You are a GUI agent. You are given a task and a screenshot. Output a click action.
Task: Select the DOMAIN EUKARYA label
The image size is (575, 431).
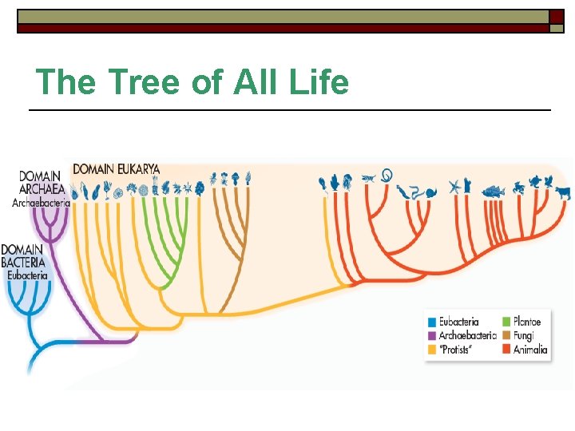pyautogui.click(x=116, y=169)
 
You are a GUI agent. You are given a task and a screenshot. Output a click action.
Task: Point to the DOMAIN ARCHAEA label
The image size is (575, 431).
pyautogui.click(x=42, y=182)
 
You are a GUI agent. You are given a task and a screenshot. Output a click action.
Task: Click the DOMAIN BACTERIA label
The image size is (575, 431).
pyautogui.click(x=23, y=255)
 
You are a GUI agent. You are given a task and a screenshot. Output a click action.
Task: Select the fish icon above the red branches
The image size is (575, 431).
pyautogui.click(x=494, y=191)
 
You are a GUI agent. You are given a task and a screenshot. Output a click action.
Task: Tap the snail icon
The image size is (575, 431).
pyautogui.click(x=430, y=192)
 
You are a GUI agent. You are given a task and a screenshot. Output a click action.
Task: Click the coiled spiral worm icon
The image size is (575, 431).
pyautogui.click(x=387, y=174)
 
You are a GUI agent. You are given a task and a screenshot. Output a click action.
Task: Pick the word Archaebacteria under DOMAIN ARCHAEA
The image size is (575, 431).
pyautogui.click(x=41, y=203)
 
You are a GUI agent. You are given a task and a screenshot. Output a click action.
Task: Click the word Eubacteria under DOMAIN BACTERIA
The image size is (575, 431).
pyautogui.click(x=28, y=275)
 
